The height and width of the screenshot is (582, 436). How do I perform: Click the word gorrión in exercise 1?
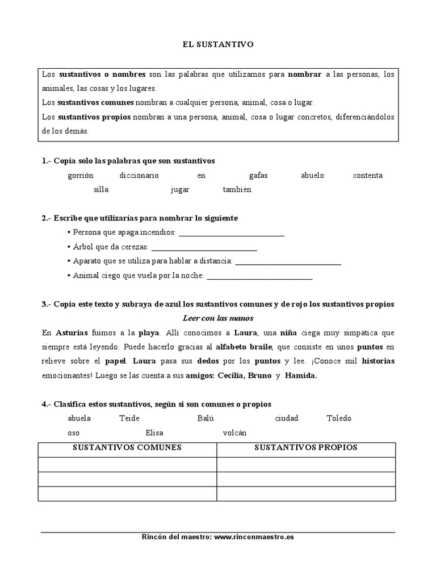[x=80, y=176]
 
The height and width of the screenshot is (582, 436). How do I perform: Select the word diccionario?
[x=139, y=176]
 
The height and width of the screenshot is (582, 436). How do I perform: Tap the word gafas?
[x=258, y=176]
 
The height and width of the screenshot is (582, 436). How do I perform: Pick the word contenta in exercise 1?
[x=368, y=176]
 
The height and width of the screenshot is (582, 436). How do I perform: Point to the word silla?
[x=101, y=190]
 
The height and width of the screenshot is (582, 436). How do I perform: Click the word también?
[x=237, y=190]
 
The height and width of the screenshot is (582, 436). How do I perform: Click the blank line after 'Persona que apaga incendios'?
[x=232, y=233]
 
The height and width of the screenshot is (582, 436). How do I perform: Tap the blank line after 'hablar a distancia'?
[x=288, y=261]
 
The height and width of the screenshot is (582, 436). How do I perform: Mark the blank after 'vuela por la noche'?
[x=259, y=276]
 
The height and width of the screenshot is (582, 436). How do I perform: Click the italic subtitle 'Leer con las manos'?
[x=218, y=318]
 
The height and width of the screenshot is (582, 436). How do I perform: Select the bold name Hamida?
[x=301, y=376]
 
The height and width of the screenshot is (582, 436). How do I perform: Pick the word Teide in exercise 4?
[x=129, y=418]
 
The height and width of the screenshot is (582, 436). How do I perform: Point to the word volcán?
[x=235, y=433]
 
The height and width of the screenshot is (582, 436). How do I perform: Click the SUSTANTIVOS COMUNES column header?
[x=127, y=447]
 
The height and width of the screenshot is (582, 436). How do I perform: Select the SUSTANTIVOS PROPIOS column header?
[x=306, y=447]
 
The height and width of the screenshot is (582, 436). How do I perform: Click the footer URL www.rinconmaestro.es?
[x=254, y=537]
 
